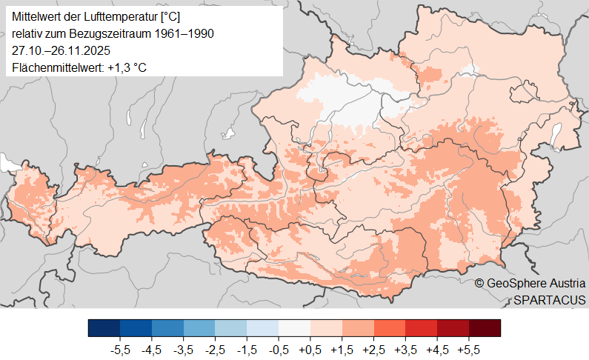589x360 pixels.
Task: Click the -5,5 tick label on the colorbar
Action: pos(120,347)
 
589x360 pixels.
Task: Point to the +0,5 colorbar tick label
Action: pos(310,347)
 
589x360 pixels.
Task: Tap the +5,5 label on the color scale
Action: pos(469,347)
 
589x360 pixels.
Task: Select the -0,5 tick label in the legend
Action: pos(279,347)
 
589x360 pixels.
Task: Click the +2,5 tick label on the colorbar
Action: pos(374,347)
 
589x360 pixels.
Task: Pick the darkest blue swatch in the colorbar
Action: pos(104,328)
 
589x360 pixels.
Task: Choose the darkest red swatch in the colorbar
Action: pos(485,328)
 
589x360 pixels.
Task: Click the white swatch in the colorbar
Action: pos(294,328)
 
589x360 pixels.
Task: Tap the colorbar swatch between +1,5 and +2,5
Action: pos(358,328)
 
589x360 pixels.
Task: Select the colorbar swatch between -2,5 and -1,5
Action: pos(230,328)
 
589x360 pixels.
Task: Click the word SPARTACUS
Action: pos(549,299)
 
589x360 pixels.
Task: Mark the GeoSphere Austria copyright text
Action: pos(530,283)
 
